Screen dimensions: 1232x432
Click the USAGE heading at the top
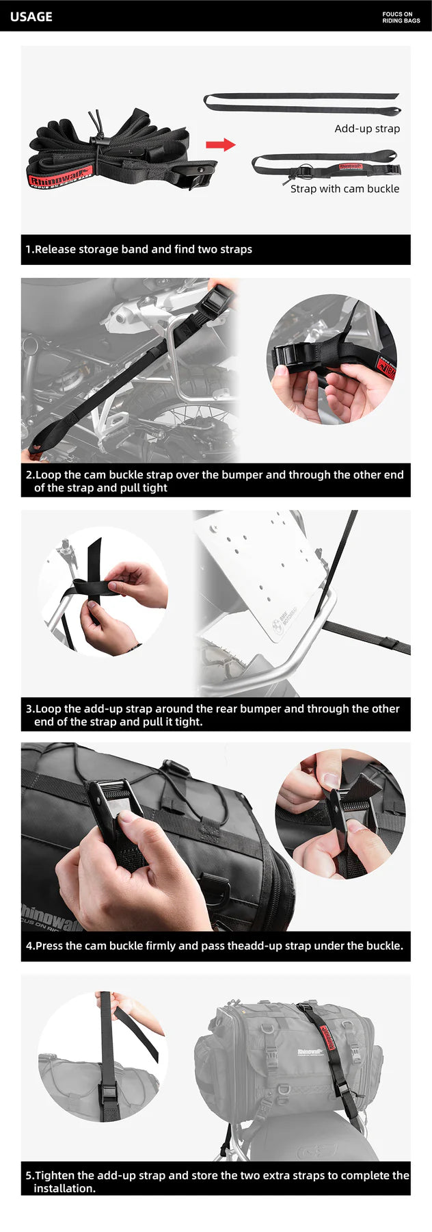click(31, 16)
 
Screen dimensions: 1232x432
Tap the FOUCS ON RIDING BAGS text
click(401, 17)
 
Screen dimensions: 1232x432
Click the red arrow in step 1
click(220, 144)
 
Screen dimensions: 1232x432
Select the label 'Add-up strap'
click(367, 129)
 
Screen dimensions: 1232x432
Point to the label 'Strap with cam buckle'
click(345, 189)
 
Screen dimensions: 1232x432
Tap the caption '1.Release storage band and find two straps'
click(139, 249)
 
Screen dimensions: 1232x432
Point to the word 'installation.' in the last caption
click(65, 1188)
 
